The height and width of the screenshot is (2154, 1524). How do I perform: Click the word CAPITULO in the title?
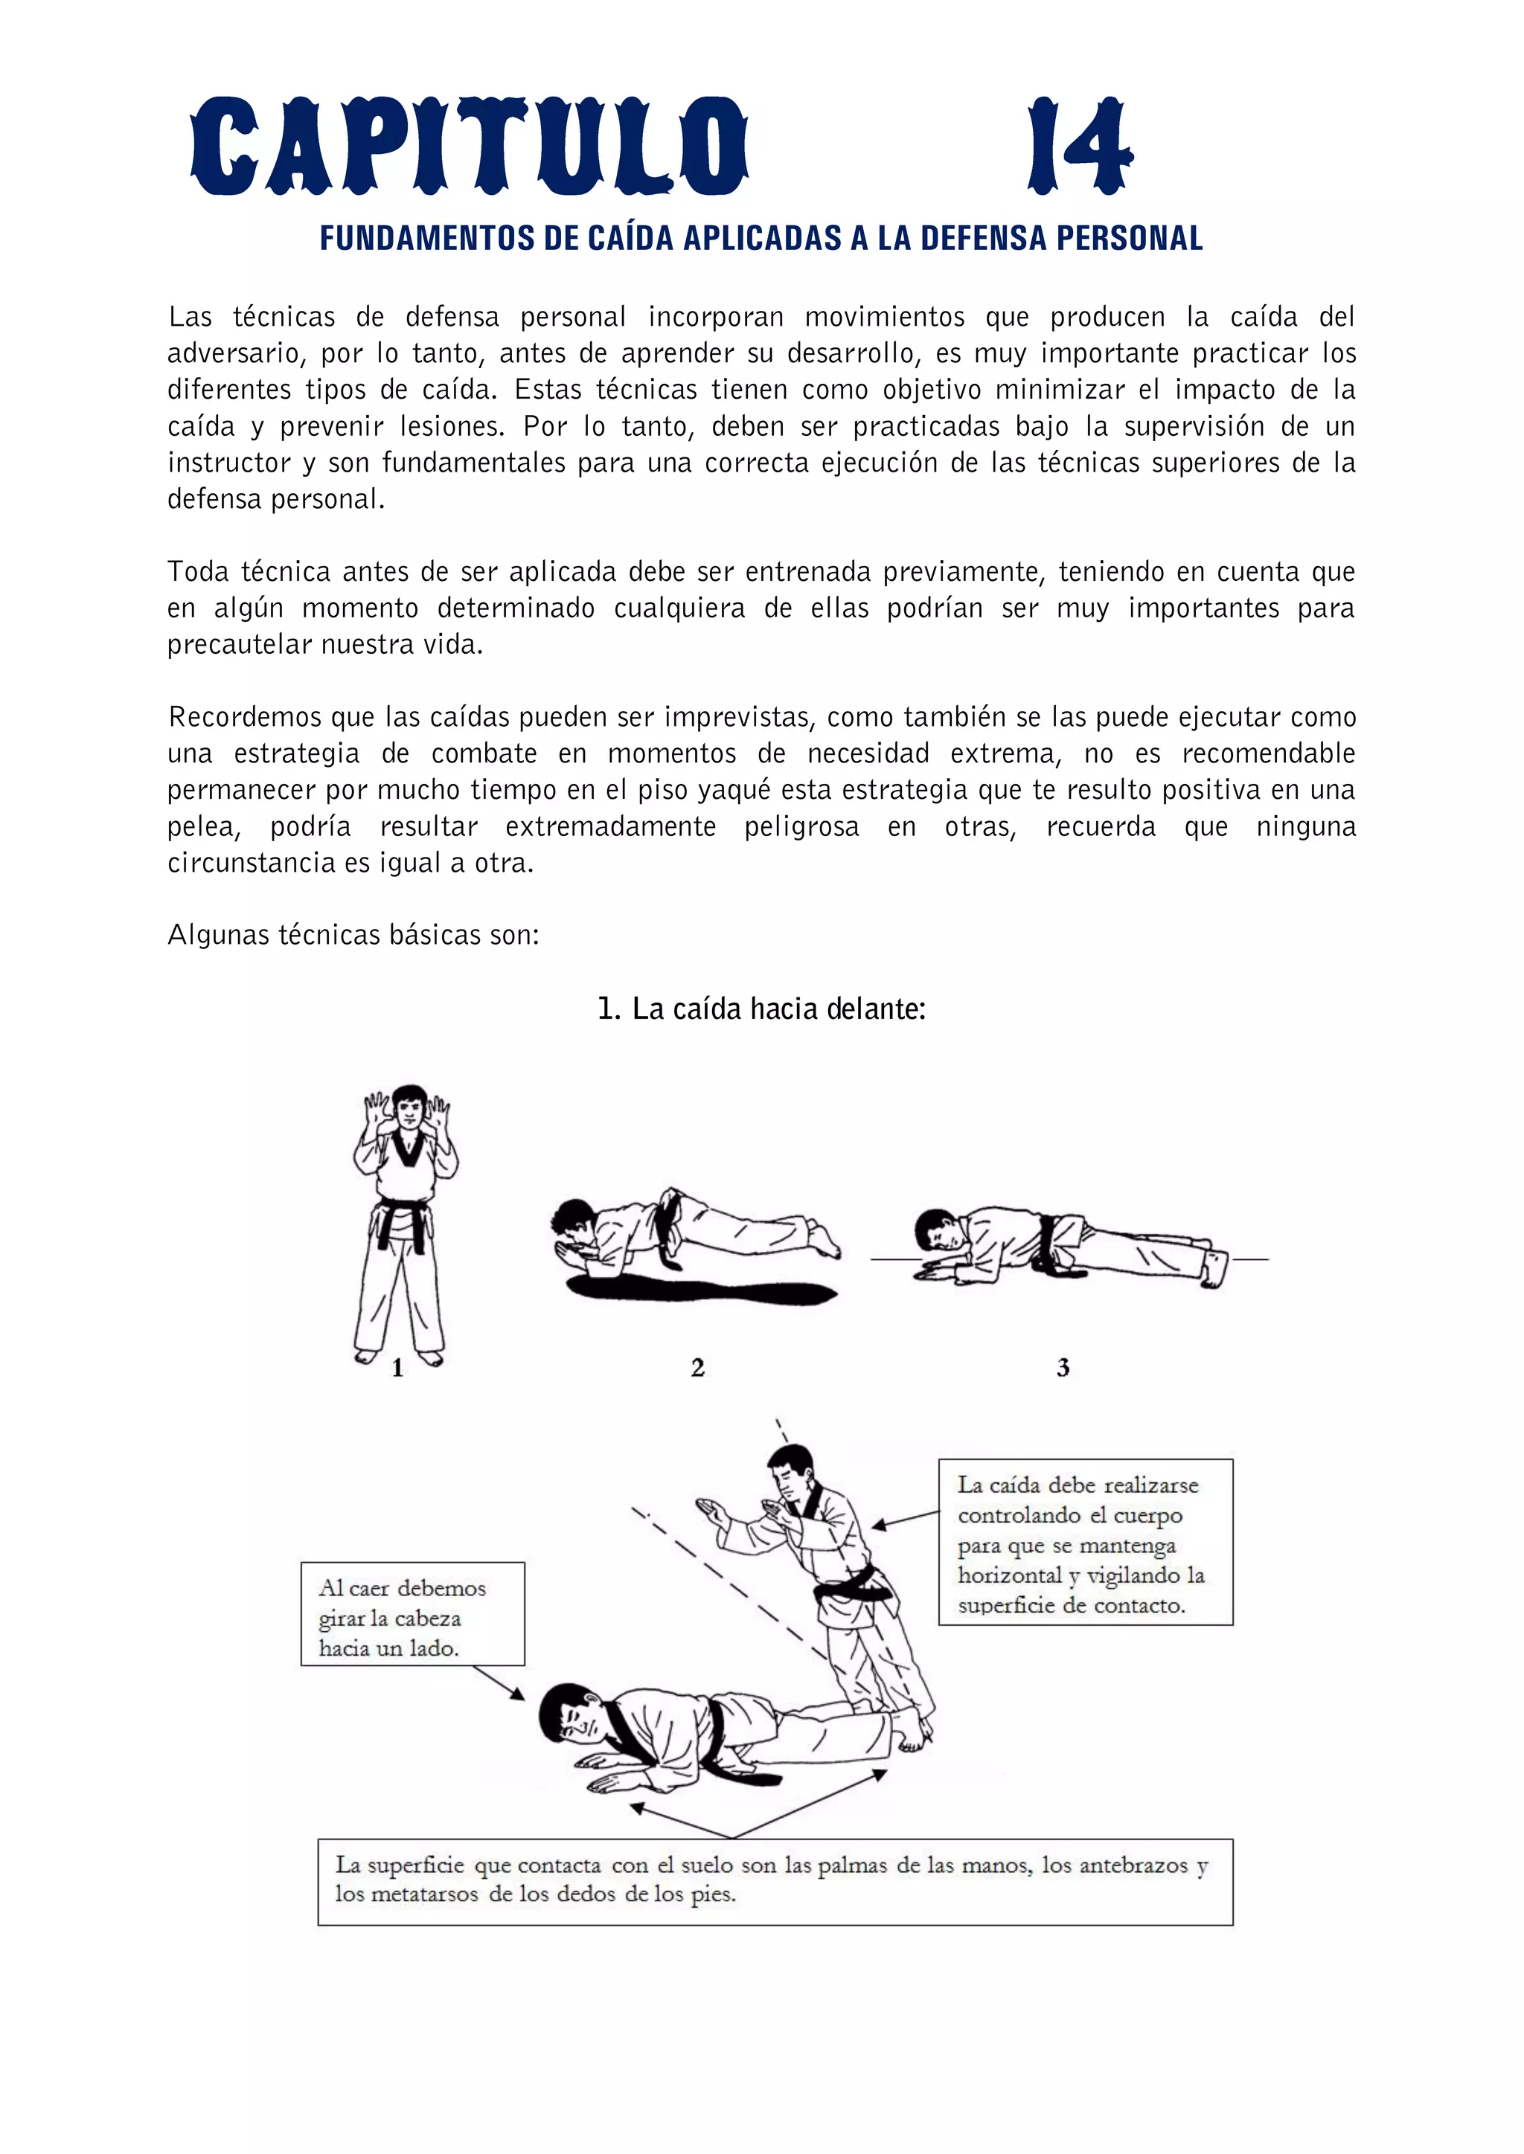click(470, 147)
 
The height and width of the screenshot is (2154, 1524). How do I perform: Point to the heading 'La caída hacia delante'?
click(762, 1009)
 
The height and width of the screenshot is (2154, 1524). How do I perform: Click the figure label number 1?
click(397, 1369)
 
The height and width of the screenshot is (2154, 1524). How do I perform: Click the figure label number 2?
click(697, 1368)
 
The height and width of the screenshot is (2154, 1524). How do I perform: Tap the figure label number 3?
click(1063, 1368)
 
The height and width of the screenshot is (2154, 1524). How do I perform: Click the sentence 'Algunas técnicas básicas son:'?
click(353, 936)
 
